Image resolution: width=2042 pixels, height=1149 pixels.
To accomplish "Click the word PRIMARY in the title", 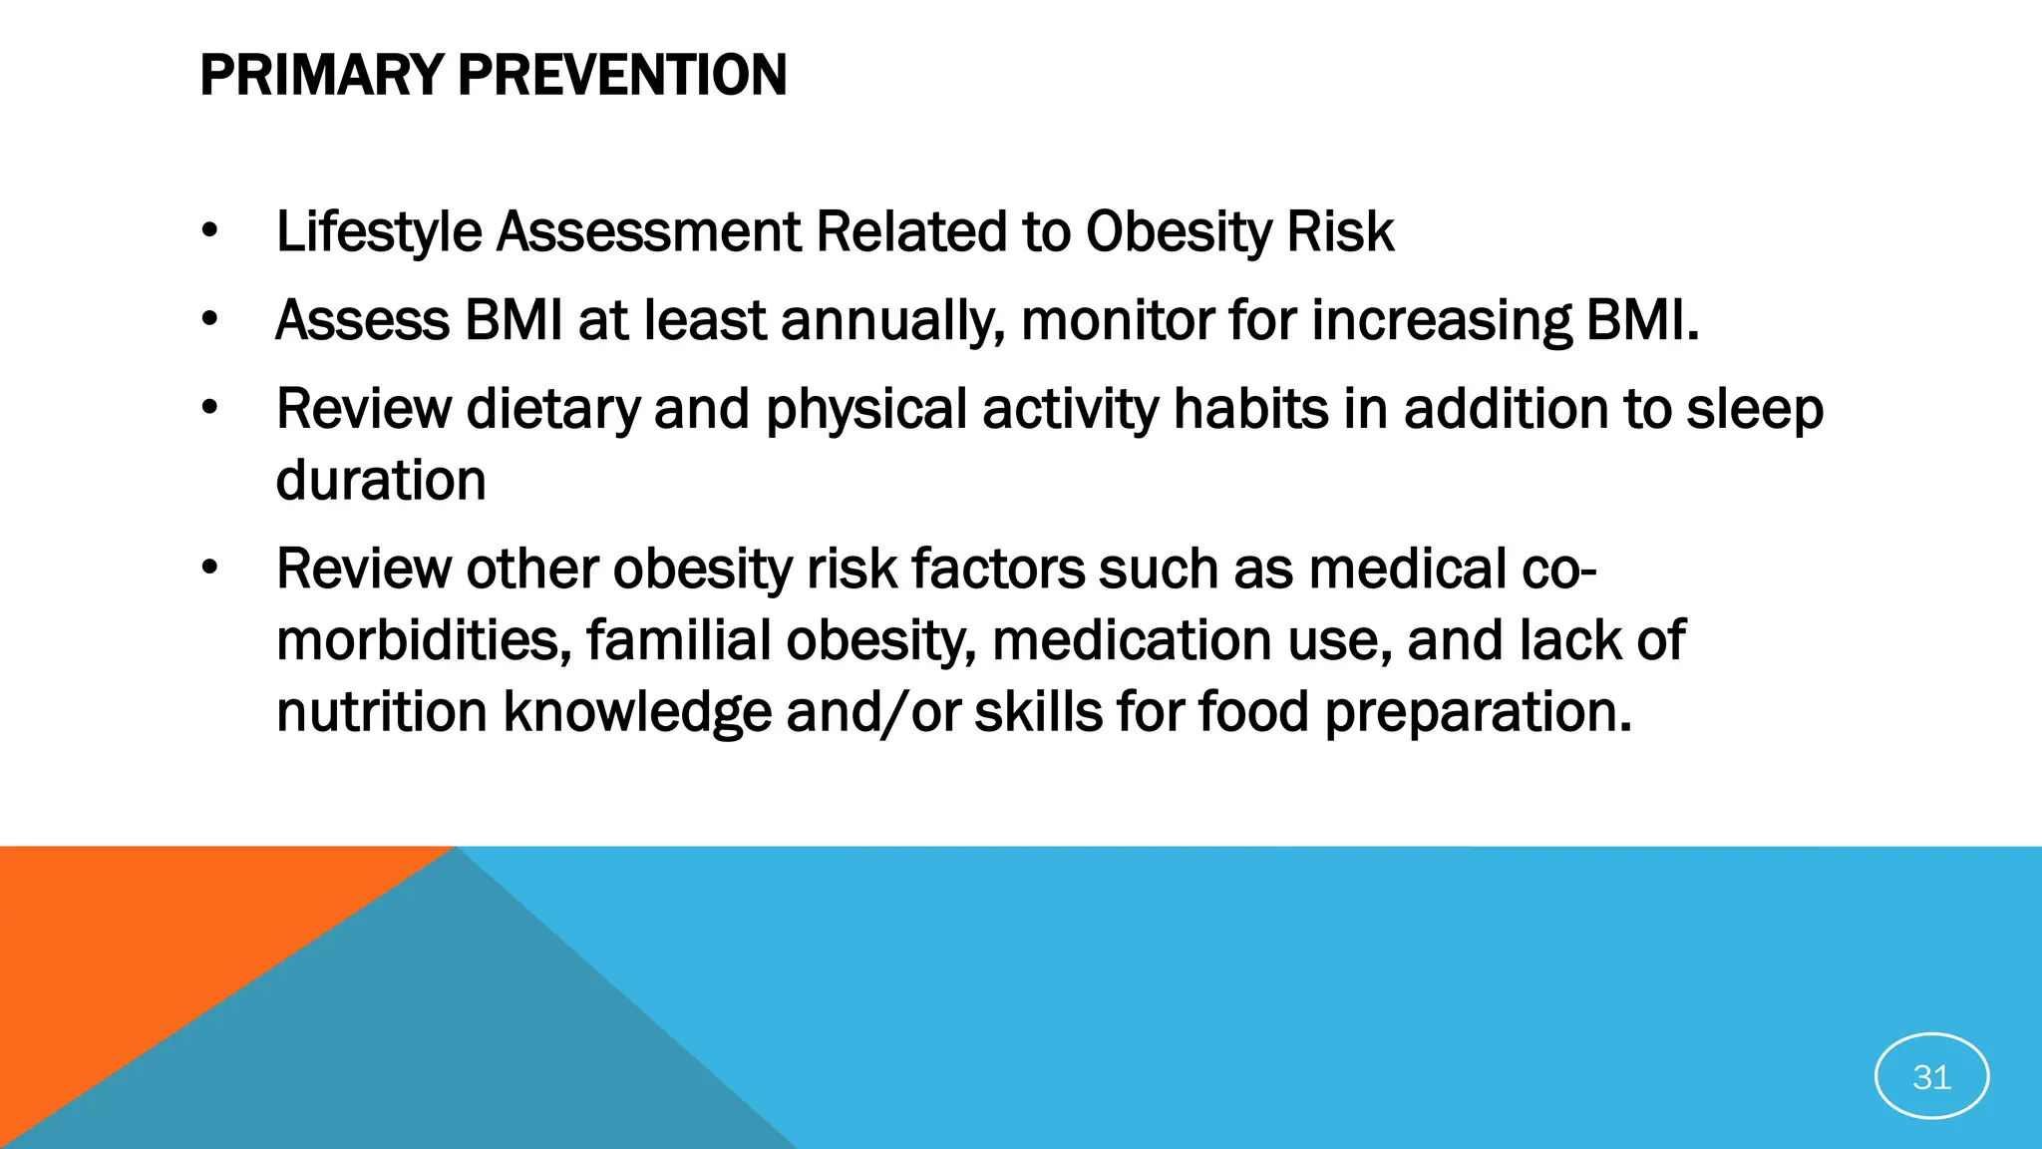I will pos(321,76).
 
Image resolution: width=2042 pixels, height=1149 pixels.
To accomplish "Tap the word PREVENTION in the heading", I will pos(622,76).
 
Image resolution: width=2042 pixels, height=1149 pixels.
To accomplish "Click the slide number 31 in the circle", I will pos(1931,1076).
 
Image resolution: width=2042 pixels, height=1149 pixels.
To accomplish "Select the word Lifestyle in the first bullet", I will pos(379,232).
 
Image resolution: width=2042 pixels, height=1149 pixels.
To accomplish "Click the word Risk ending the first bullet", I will pos(1340,232).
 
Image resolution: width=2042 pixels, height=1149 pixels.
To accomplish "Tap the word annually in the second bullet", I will pos(891,321).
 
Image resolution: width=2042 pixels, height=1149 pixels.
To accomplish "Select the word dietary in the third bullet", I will pos(552,410).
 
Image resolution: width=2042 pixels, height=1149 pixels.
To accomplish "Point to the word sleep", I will pos(1755,410).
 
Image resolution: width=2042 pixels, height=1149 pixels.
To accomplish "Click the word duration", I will pos(381,481).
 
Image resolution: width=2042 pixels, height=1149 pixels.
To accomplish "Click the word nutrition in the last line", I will pos(381,712).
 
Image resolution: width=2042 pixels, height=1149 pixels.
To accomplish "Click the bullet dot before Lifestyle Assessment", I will pos(208,231).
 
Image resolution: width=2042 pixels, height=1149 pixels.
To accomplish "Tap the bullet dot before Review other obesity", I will pos(208,569).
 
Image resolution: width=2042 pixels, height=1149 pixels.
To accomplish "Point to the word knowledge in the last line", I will pos(637,712).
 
